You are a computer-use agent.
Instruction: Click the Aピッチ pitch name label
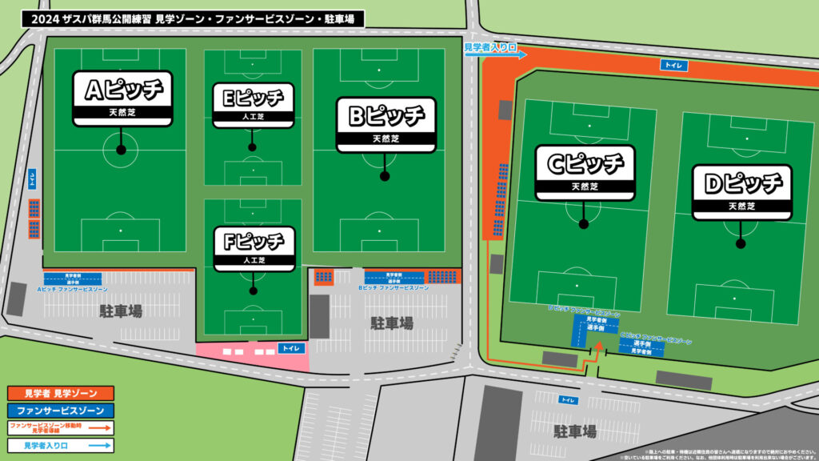pos(122,98)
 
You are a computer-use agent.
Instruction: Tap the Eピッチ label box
pos(253,103)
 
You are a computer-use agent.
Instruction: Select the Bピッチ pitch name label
pos(386,123)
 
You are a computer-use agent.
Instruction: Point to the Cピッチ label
pos(585,171)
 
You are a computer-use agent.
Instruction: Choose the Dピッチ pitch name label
pos(741,191)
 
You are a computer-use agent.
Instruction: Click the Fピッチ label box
pos(254,247)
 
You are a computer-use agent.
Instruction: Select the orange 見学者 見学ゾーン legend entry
pos(61,393)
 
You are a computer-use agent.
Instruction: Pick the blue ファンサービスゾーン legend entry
pos(61,410)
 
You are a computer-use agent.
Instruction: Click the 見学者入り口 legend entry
pos(61,445)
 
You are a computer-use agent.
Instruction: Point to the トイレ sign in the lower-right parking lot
pos(568,399)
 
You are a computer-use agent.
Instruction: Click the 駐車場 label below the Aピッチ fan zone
pos(121,311)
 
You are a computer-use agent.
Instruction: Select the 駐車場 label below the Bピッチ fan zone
pos(392,323)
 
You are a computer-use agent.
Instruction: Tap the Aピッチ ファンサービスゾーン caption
pos(72,288)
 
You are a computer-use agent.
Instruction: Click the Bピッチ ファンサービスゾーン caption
pos(393,287)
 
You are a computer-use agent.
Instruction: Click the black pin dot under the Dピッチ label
pos(741,243)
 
